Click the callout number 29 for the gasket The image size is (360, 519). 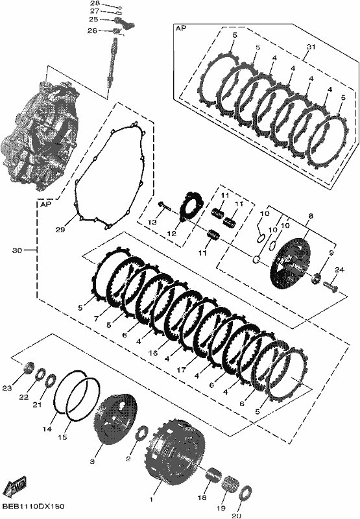[60, 229]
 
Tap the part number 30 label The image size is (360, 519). [18, 250]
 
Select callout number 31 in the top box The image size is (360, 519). [311, 47]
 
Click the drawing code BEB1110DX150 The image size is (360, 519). [33, 507]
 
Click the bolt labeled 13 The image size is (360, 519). [165, 206]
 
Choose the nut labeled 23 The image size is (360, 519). [29, 367]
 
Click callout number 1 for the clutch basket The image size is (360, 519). [152, 499]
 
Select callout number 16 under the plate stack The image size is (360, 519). [152, 353]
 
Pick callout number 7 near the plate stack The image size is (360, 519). [96, 319]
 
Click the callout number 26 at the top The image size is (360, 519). [92, 30]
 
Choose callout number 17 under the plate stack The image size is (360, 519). [182, 370]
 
